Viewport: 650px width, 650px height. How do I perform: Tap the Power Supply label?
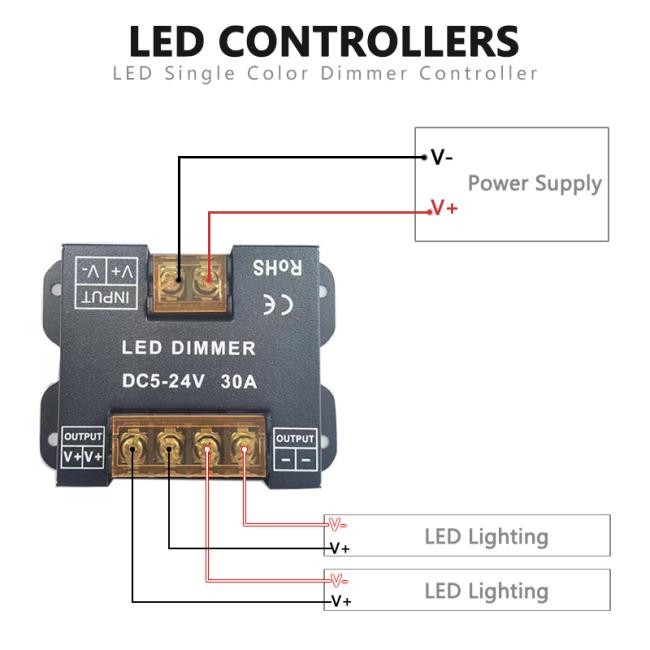pos(534,183)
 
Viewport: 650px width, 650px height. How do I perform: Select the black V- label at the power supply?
pos(441,157)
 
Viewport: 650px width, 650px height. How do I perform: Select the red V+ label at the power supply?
pos(443,208)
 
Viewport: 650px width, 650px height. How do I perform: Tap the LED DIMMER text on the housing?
pos(188,349)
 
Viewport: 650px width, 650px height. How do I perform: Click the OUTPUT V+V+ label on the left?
pos(83,449)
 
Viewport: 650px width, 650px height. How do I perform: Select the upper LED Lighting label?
pos(486,536)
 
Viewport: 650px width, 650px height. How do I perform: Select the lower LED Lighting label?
pos(486,590)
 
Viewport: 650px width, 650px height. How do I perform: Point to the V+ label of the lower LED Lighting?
pos(340,601)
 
